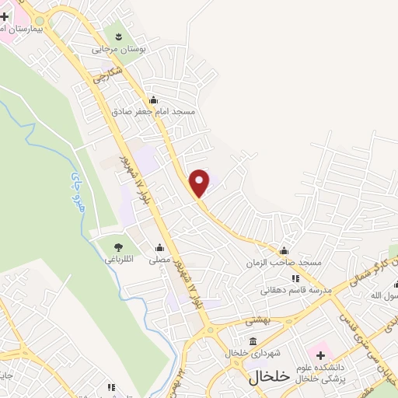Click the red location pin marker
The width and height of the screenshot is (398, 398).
(200, 182)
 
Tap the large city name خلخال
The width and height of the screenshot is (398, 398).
(269, 376)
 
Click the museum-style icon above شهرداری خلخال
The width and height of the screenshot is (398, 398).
(253, 340)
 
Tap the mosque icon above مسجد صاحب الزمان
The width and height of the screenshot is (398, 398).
(284, 250)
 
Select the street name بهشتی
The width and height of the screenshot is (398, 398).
(257, 320)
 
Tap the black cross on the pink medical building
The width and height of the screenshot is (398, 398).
(319, 354)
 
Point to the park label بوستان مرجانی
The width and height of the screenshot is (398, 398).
(119, 48)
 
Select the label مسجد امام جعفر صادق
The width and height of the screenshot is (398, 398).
(153, 112)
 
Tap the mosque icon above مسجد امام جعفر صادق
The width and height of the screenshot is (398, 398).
(153, 99)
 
